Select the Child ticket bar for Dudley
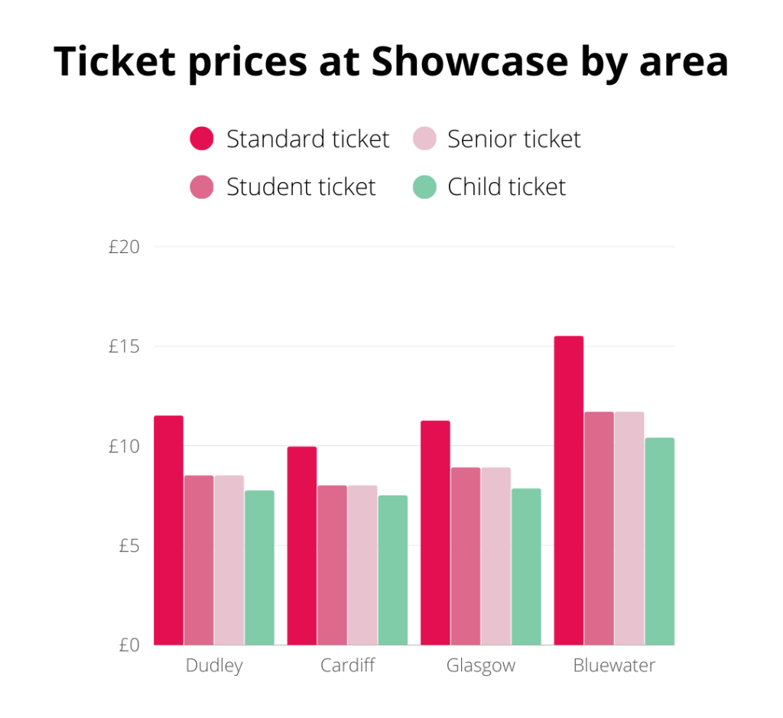[x=259, y=567]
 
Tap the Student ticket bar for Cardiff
[x=332, y=565]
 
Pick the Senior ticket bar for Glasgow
[x=495, y=556]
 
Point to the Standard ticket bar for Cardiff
[x=302, y=546]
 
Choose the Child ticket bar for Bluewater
[x=659, y=541]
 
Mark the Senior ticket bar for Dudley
[x=229, y=560]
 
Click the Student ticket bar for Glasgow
[x=465, y=556]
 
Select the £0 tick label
[x=128, y=645]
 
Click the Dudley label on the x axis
[x=214, y=665]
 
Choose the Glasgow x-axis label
[x=480, y=665]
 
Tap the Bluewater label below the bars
[x=614, y=665]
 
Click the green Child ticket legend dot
[x=424, y=187]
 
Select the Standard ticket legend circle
[x=202, y=139]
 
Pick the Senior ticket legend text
[x=514, y=139]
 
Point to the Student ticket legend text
[x=301, y=187]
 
